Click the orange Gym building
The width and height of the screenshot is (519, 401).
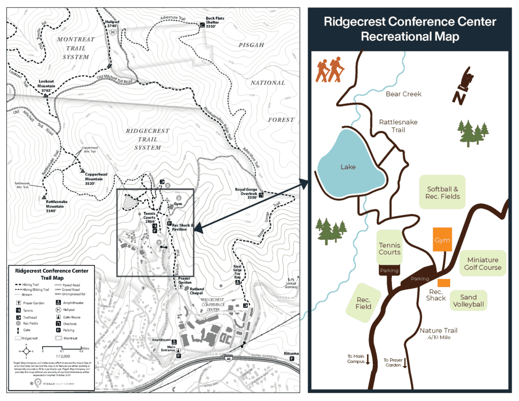pos(442,240)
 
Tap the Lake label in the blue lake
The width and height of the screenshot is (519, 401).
pos(348,167)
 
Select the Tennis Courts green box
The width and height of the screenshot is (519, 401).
pos(389,248)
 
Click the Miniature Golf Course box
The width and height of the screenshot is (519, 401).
pos(482,263)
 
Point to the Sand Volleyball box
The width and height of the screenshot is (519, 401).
pos(468,300)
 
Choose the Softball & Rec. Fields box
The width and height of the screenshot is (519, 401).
pos(443,192)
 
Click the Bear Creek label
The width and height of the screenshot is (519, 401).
pos(404,94)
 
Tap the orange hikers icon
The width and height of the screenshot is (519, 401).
pos(329,70)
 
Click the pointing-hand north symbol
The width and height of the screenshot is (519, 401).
pos(466,85)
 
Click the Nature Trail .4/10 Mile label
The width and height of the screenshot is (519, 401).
pos(438,334)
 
